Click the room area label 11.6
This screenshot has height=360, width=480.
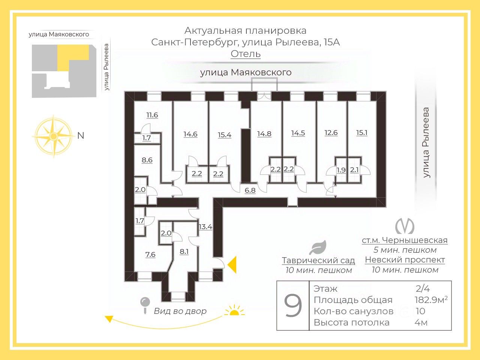(x=152, y=115)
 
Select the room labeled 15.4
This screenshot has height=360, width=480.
(x=224, y=135)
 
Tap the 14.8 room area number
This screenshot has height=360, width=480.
(x=264, y=133)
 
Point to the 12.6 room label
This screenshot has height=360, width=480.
(x=331, y=133)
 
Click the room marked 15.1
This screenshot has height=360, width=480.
(x=361, y=133)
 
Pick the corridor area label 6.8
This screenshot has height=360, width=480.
(x=250, y=190)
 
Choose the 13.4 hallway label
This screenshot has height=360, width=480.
(x=205, y=227)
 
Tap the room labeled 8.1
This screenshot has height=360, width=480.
(x=184, y=252)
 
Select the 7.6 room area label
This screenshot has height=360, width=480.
(x=150, y=255)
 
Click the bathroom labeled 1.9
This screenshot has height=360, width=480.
(x=341, y=170)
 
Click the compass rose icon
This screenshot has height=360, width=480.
(x=53, y=136)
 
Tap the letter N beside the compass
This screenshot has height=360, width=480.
(x=81, y=136)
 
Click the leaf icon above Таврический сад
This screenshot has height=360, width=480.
(x=318, y=248)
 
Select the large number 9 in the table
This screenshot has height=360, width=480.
(x=293, y=306)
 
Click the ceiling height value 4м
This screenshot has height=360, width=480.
(x=421, y=322)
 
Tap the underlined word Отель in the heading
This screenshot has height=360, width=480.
(x=246, y=54)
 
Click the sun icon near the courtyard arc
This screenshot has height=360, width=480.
(x=234, y=312)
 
